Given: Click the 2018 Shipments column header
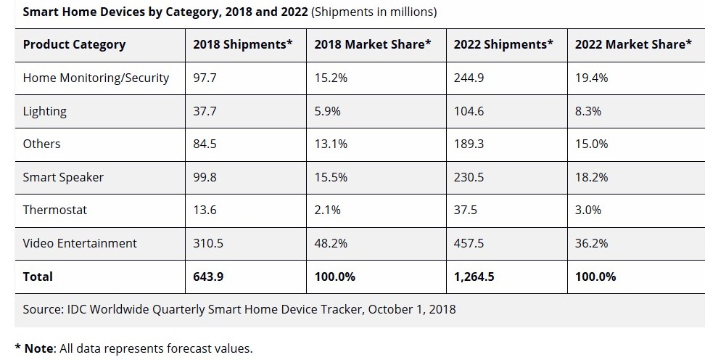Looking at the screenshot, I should point(242,45).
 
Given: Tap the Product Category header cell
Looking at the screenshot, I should point(74,45).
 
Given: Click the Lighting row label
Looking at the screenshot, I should point(44,111).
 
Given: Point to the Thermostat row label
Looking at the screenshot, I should point(54,210).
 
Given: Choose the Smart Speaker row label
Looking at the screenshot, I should point(63,177).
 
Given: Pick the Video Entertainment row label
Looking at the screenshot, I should point(80,243).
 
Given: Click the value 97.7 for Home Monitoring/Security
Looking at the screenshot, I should point(205,78).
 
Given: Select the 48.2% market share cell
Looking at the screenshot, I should point(330,243).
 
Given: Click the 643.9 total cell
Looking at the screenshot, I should point(208,277).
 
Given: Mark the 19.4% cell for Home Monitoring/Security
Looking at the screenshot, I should point(591,78).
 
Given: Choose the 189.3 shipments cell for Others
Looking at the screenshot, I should point(469,144).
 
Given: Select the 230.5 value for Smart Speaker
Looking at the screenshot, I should point(469,177).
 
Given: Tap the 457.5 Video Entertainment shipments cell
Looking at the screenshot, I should point(469,243).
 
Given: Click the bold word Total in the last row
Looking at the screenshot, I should point(38,277).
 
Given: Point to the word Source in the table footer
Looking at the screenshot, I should point(43,309).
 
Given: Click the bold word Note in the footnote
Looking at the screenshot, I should point(38,348).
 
